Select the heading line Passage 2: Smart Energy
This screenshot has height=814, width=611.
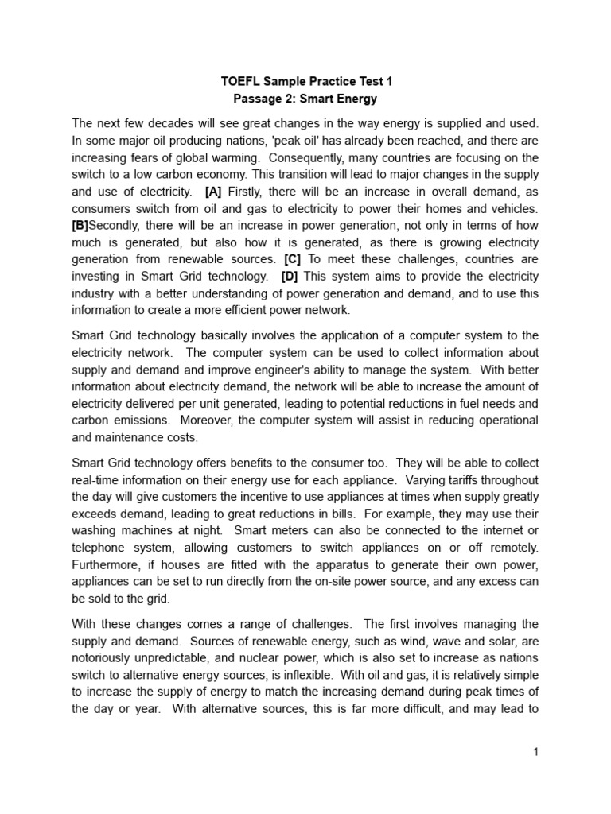coord(305,99)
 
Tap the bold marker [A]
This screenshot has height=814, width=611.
coord(213,192)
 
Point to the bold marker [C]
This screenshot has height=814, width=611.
coord(291,259)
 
